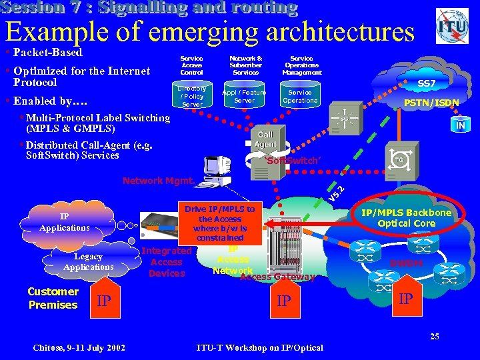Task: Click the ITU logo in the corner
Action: [x=452, y=27]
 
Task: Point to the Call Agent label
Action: [x=265, y=139]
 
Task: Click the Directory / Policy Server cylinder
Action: [x=192, y=97]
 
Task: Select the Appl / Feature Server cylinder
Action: [x=244, y=97]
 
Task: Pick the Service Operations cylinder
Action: [x=300, y=97]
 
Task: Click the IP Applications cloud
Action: [x=65, y=222]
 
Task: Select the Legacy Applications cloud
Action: [x=88, y=261]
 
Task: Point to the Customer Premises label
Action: [x=53, y=298]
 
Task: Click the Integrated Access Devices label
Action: [x=167, y=262]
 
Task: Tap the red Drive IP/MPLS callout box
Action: [x=220, y=223]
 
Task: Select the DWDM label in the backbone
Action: [x=406, y=263]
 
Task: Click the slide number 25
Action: [x=435, y=335]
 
